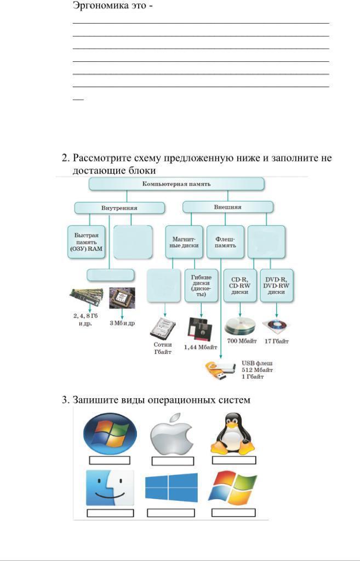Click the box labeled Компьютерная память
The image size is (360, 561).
click(x=176, y=184)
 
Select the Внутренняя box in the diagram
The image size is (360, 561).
click(x=119, y=208)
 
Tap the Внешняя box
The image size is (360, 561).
click(x=227, y=207)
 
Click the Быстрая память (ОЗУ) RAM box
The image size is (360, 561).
click(x=87, y=242)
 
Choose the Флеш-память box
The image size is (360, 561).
click(x=225, y=242)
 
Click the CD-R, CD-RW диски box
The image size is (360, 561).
click(x=239, y=285)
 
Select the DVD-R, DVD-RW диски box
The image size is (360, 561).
click(x=277, y=285)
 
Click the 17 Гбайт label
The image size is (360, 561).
click(x=277, y=341)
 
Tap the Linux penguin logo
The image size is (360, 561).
click(x=233, y=433)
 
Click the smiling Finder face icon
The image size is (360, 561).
click(x=110, y=488)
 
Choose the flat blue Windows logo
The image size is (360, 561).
click(x=171, y=488)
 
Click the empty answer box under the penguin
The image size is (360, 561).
click(x=234, y=460)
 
